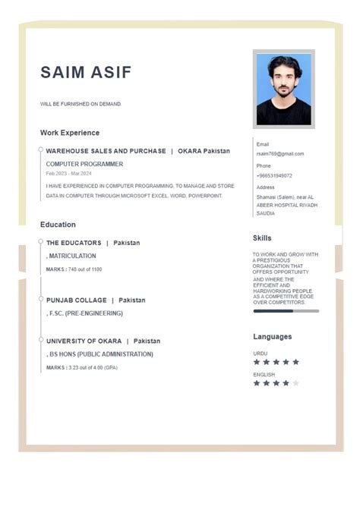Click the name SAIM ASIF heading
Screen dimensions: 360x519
(86, 73)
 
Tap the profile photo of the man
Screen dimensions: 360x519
(283, 89)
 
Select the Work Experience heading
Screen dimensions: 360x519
(70, 133)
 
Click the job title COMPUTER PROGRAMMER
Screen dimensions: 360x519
(84, 164)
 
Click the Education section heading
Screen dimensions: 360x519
(58, 225)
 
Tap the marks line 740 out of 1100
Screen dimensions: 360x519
(74, 269)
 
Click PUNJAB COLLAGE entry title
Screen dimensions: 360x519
(76, 300)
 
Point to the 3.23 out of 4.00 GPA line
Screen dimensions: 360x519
(82, 368)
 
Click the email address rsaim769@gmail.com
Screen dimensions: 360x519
(279, 154)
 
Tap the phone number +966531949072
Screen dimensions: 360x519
(274, 175)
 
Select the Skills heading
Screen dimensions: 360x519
(262, 238)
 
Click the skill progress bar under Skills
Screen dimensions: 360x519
(286, 310)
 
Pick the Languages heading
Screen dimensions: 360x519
(272, 337)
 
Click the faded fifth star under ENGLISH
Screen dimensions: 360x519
(295, 383)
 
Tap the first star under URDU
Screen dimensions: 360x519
(257, 362)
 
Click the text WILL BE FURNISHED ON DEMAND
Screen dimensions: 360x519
(81, 104)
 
